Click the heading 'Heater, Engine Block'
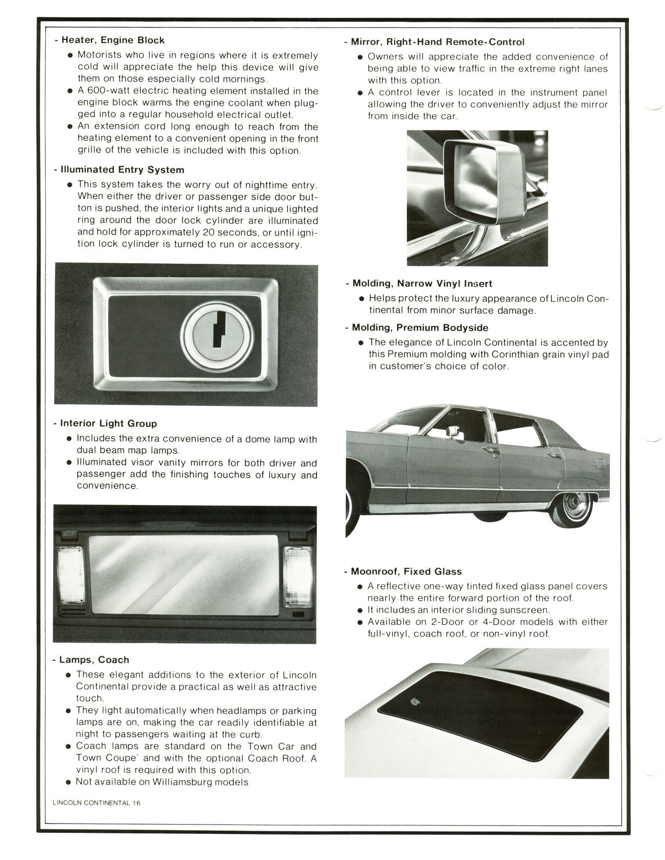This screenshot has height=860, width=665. pyautogui.click(x=113, y=40)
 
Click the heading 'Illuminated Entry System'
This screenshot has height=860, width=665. pyautogui.click(x=122, y=169)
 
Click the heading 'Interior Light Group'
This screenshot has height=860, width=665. pyautogui.click(x=108, y=423)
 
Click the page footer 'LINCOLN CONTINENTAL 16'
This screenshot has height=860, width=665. pyautogui.click(x=96, y=803)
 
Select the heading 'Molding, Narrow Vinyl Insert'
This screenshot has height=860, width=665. pyautogui.click(x=422, y=283)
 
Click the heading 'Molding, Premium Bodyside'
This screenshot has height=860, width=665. pyautogui.click(x=420, y=327)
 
